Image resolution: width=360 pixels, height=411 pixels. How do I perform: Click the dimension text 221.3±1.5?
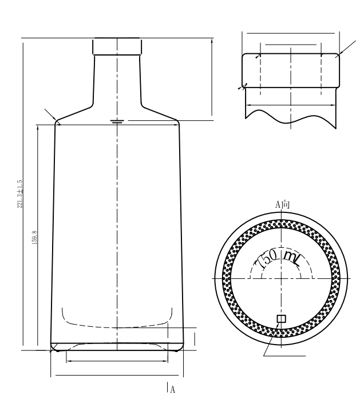click(21, 194)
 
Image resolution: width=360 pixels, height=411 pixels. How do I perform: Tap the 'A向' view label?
click(282, 204)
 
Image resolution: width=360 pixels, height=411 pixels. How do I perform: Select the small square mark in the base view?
click(280, 319)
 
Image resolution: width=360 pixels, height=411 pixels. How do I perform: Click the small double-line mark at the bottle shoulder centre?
click(117, 122)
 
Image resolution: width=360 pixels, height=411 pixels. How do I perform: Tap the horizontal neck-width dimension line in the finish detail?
click(290, 104)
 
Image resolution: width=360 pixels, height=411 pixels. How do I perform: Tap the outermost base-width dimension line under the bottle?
click(117, 376)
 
